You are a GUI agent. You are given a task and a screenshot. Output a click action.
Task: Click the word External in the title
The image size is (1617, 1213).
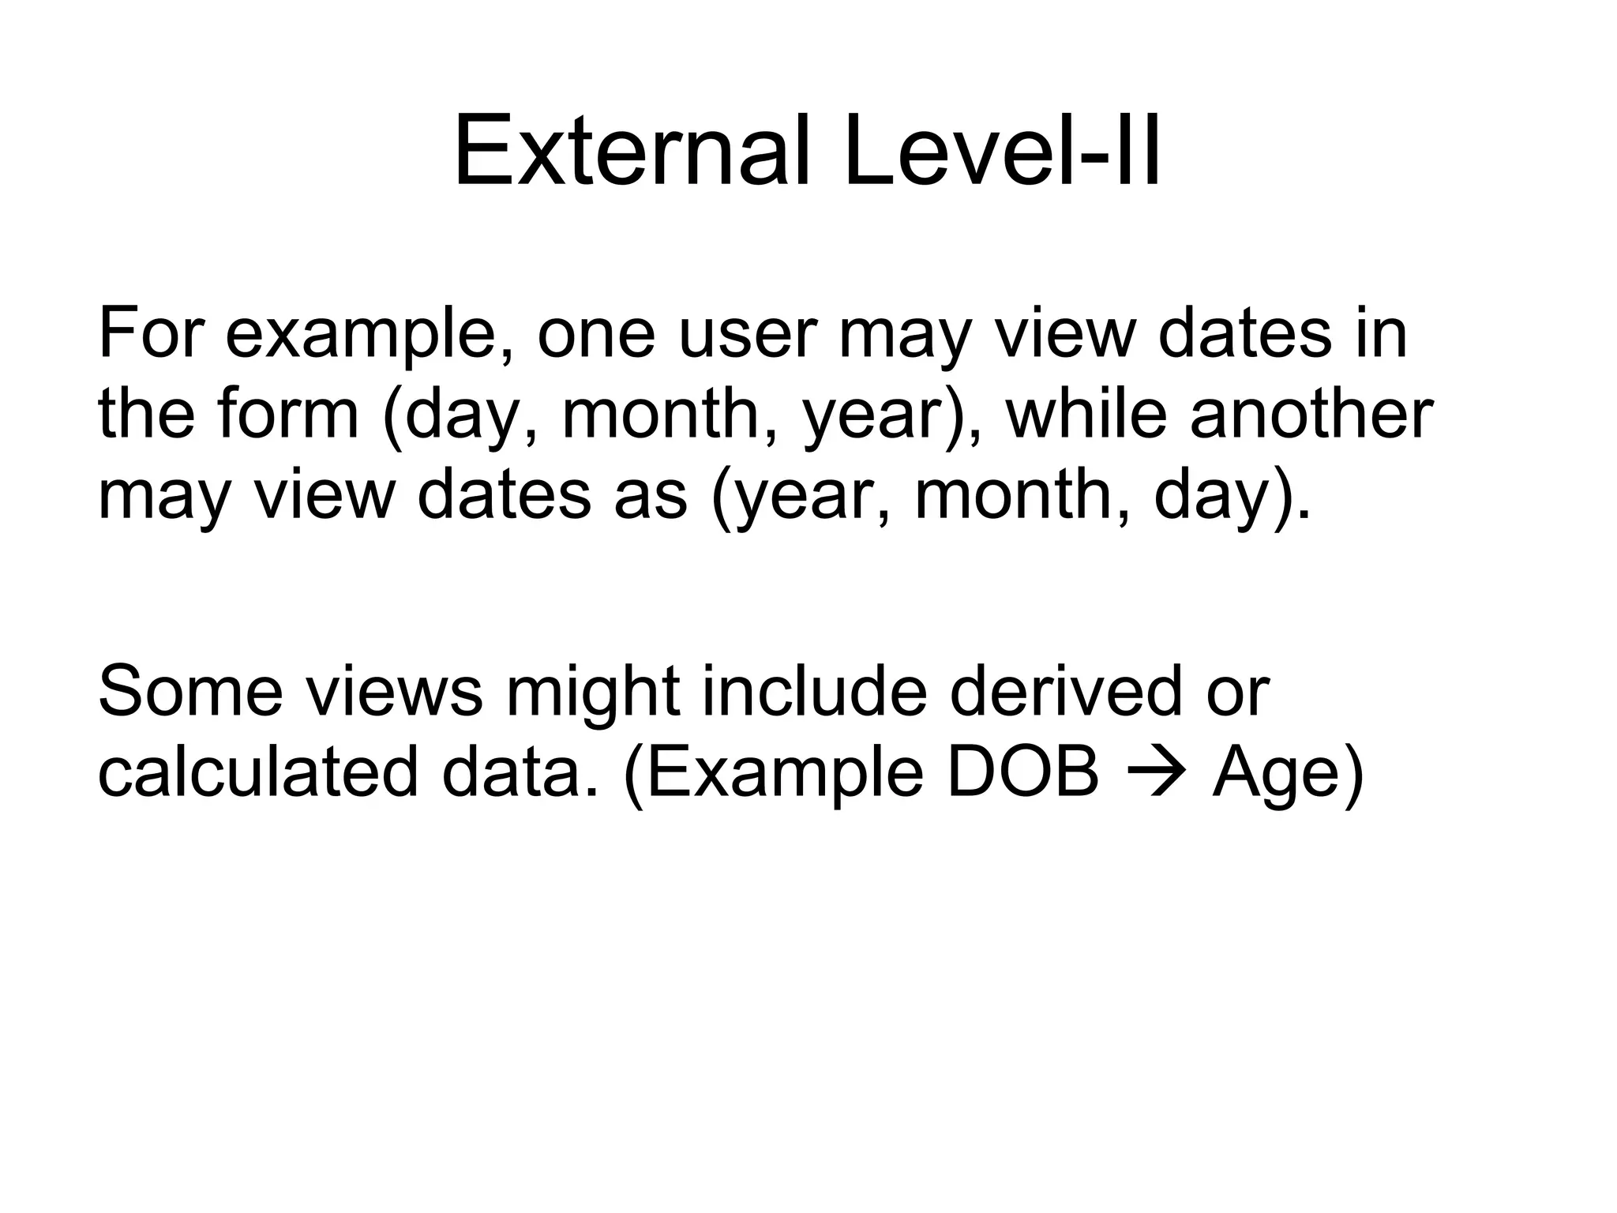[x=632, y=152]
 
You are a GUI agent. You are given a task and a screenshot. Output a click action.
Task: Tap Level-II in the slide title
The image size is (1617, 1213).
[x=1003, y=152]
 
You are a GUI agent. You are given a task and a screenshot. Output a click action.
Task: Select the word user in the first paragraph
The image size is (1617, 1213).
[x=746, y=335]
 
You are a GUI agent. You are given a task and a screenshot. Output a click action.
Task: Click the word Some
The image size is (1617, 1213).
[x=190, y=690]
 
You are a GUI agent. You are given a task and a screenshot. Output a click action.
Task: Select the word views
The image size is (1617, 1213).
[x=394, y=690]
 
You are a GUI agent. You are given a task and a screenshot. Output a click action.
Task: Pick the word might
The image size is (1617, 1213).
[x=592, y=690]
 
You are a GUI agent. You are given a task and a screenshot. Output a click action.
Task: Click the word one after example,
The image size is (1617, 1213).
[x=596, y=335]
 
